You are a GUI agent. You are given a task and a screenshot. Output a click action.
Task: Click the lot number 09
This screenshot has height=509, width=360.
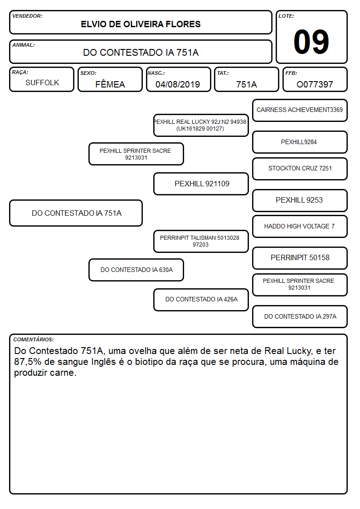[x=311, y=42]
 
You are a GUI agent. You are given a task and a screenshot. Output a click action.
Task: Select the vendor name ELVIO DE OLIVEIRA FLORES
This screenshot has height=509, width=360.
[x=141, y=24]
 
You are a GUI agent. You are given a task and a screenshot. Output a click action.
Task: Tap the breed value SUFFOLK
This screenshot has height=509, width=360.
[x=42, y=83]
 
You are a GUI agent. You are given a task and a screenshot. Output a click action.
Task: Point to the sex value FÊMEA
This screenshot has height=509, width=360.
[x=110, y=84]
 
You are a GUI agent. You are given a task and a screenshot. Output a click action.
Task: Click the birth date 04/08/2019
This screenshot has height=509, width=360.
[x=178, y=84]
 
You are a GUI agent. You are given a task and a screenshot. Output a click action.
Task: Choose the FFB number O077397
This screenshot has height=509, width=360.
[x=315, y=84]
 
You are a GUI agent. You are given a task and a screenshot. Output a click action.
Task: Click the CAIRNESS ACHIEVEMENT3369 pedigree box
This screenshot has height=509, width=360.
[x=300, y=111]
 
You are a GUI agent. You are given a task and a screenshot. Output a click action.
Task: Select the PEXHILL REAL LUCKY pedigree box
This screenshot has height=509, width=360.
[x=201, y=125]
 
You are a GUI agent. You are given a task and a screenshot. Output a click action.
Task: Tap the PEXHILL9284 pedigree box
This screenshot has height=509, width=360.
[x=300, y=142]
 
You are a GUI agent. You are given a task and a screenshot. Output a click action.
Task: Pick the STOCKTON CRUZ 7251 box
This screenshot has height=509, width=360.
[x=300, y=169]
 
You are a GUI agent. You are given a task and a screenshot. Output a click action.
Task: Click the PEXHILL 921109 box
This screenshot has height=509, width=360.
[x=201, y=184]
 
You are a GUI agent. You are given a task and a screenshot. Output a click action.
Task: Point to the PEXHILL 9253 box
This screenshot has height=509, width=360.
[x=300, y=200]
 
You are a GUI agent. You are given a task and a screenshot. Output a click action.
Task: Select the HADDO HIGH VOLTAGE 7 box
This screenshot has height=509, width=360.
[x=300, y=227]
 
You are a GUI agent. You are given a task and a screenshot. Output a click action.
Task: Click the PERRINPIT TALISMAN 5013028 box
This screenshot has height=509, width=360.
[x=201, y=241]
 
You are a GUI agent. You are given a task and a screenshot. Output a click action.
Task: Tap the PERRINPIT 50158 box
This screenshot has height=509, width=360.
[x=300, y=258]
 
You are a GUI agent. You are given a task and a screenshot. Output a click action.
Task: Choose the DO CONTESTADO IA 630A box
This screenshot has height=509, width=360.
[x=136, y=270]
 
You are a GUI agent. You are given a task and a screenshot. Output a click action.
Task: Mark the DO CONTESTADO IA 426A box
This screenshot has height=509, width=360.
[x=201, y=300]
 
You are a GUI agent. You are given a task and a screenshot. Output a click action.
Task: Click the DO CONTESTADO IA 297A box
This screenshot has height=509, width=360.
[x=300, y=316]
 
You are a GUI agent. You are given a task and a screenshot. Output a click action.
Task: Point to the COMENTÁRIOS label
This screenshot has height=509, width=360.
[x=34, y=339]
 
